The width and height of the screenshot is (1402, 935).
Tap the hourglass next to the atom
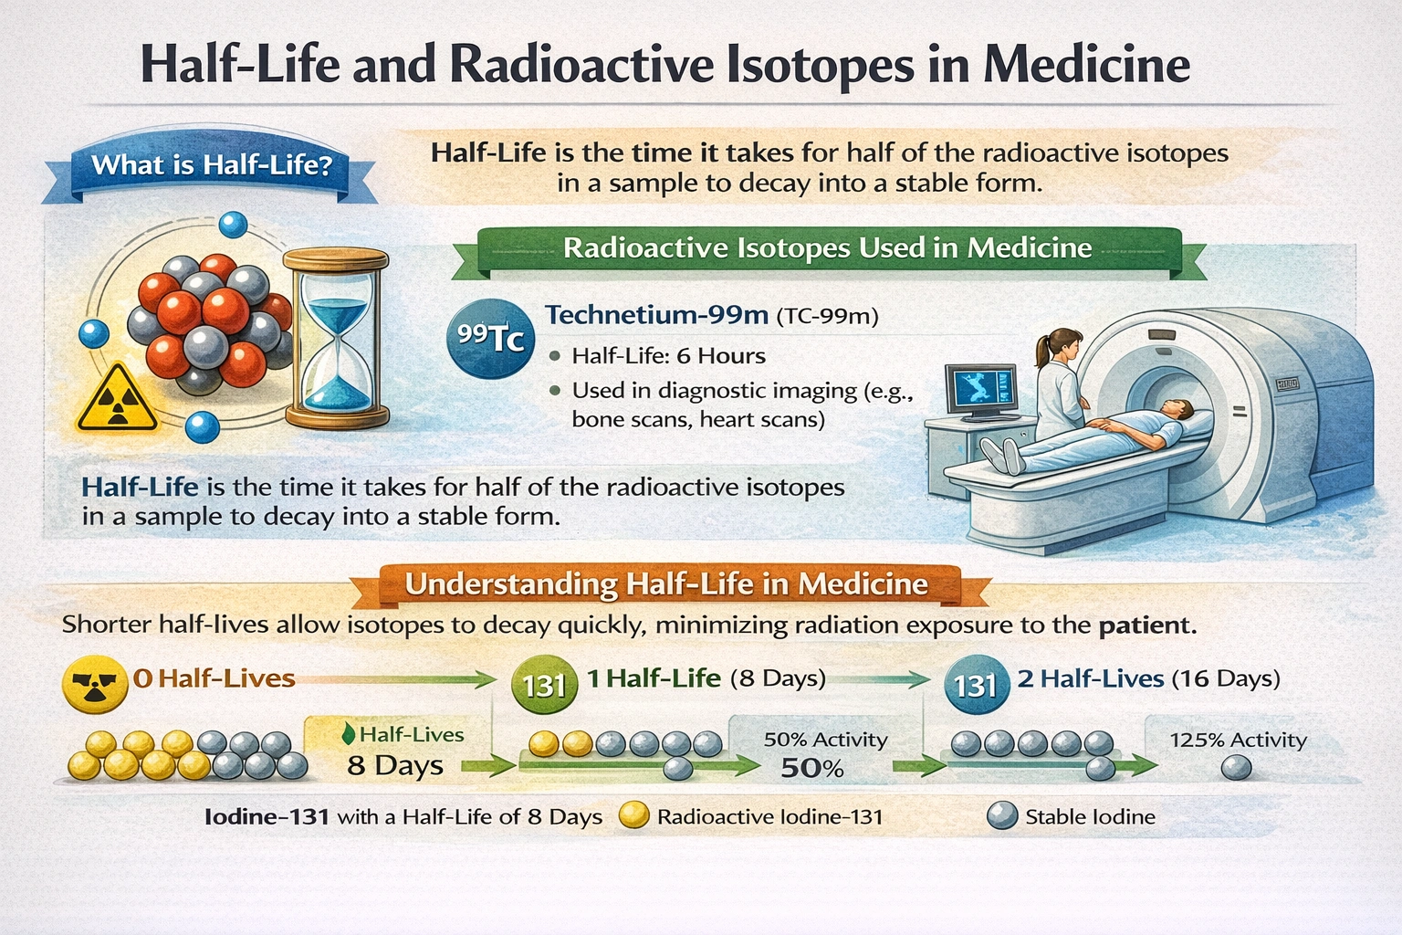click(x=336, y=339)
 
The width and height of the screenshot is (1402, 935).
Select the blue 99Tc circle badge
click(x=490, y=338)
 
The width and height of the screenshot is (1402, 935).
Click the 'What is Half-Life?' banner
click(x=211, y=165)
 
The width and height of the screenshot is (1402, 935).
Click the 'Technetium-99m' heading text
click(x=656, y=315)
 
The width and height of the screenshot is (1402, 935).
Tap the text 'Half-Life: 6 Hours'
click(x=668, y=356)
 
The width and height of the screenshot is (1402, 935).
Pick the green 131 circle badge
click(x=545, y=684)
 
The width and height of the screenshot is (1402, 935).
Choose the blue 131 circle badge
click(x=976, y=684)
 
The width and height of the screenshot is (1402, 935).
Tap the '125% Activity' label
click(x=1238, y=740)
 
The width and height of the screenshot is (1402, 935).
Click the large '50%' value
click(x=811, y=769)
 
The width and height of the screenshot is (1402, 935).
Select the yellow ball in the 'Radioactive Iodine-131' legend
click(x=633, y=815)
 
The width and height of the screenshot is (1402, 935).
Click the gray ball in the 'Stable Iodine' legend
click(x=1002, y=815)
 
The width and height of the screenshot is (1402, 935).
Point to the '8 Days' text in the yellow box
click(x=395, y=765)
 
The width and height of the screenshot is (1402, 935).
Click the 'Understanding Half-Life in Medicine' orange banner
click(x=666, y=584)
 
